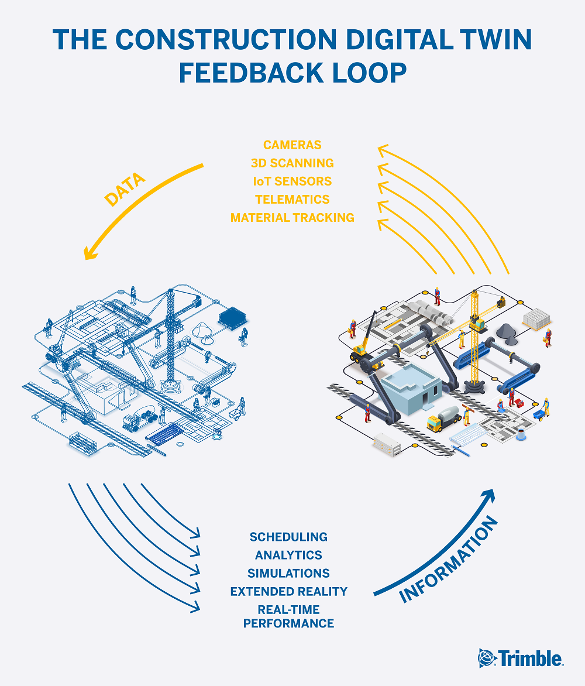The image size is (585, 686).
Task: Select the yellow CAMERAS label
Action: [x=292, y=145]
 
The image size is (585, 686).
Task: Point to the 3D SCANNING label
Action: [x=292, y=163]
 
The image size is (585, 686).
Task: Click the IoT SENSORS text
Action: [x=292, y=181]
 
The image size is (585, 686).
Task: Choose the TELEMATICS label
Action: [x=292, y=200]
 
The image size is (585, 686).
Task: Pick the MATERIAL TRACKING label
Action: [x=292, y=218]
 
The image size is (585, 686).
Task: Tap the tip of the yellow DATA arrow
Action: [x=86, y=258]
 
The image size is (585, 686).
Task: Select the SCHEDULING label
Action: [x=288, y=537]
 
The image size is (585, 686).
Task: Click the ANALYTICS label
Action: [x=288, y=555]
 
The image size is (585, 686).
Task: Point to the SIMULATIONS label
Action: [x=288, y=573]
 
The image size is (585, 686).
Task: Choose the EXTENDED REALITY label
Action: [x=288, y=591]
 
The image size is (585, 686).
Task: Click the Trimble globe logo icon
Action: [x=487, y=658]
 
